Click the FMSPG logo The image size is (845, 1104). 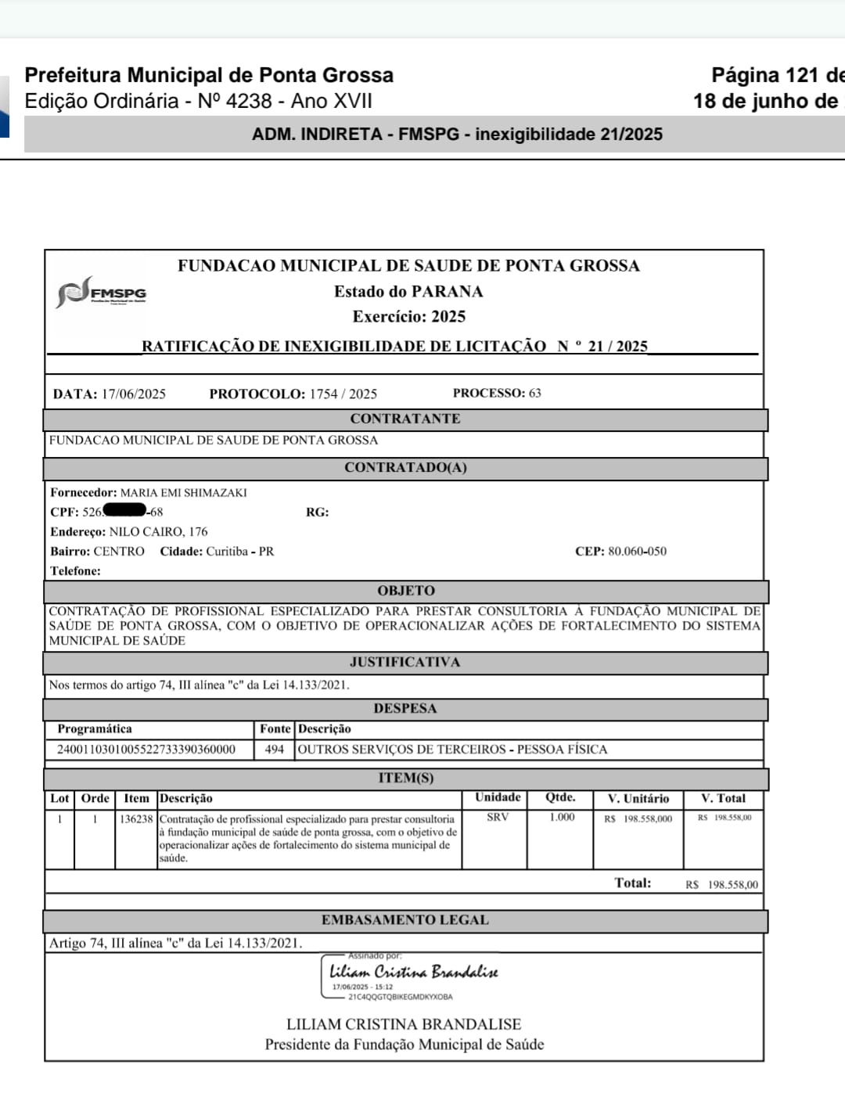click(x=102, y=292)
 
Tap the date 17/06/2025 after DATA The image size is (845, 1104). click(x=134, y=394)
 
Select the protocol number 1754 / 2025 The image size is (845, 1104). click(x=343, y=394)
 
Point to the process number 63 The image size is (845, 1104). click(x=535, y=393)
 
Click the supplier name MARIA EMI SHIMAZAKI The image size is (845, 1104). click(x=183, y=493)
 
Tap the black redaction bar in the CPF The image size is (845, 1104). click(x=124, y=511)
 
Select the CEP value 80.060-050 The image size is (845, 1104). click(x=637, y=551)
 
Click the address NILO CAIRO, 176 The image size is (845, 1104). click(x=158, y=531)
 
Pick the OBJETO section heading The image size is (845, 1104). click(x=405, y=591)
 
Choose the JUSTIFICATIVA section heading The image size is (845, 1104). click(x=405, y=662)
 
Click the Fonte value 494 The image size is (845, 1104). click(x=274, y=749)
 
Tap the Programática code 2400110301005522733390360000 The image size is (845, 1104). click(x=146, y=749)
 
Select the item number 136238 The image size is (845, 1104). click(x=136, y=818)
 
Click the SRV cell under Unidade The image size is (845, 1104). click(x=498, y=817)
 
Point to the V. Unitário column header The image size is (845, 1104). click(x=638, y=798)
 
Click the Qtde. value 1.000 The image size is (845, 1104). click(x=561, y=817)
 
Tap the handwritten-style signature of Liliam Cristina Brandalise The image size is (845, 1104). click(x=413, y=972)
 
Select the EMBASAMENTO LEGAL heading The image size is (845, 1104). click(x=405, y=920)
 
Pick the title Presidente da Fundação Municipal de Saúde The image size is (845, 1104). click(x=404, y=1044)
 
